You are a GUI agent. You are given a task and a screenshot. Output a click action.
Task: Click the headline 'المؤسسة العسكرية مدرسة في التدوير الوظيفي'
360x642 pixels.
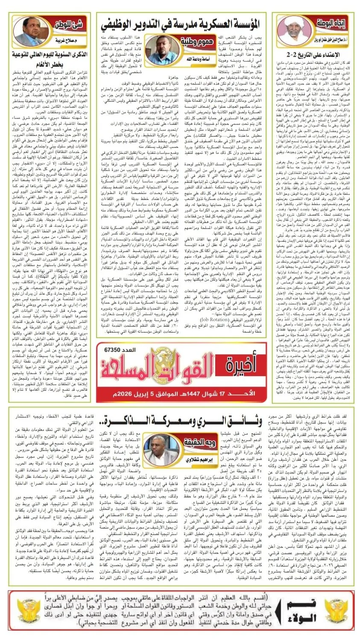[x=183, y=22]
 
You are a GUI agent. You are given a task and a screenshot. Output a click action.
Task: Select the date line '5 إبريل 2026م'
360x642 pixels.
[x=128, y=392]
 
